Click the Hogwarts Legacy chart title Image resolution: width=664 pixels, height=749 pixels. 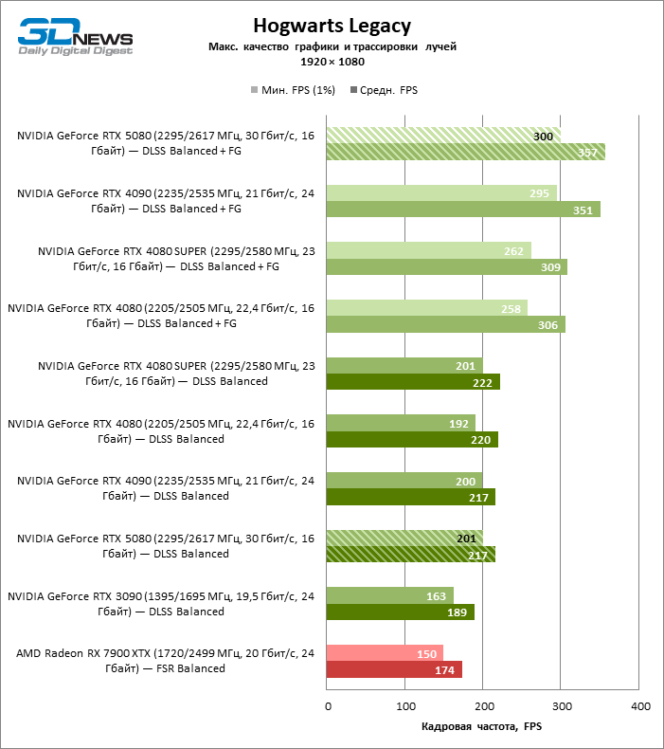[332, 26]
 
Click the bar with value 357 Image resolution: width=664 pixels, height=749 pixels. [465, 153]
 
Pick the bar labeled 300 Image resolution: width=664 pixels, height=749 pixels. [443, 136]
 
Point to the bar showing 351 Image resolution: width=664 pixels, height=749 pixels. [463, 210]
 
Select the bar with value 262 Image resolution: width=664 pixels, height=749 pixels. [429, 250]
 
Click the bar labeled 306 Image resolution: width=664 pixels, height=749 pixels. [445, 324]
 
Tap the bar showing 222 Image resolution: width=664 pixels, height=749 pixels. [413, 382]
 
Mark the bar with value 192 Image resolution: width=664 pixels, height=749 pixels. [401, 423]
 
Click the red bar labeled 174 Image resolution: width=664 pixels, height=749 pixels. [394, 670]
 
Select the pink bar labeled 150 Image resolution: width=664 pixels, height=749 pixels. [385, 653]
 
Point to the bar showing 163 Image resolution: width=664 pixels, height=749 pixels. [390, 595]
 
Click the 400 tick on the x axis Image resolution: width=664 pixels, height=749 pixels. [640, 706]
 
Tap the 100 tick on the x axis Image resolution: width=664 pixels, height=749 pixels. [405, 706]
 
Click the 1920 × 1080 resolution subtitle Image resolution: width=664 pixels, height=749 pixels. [332, 62]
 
